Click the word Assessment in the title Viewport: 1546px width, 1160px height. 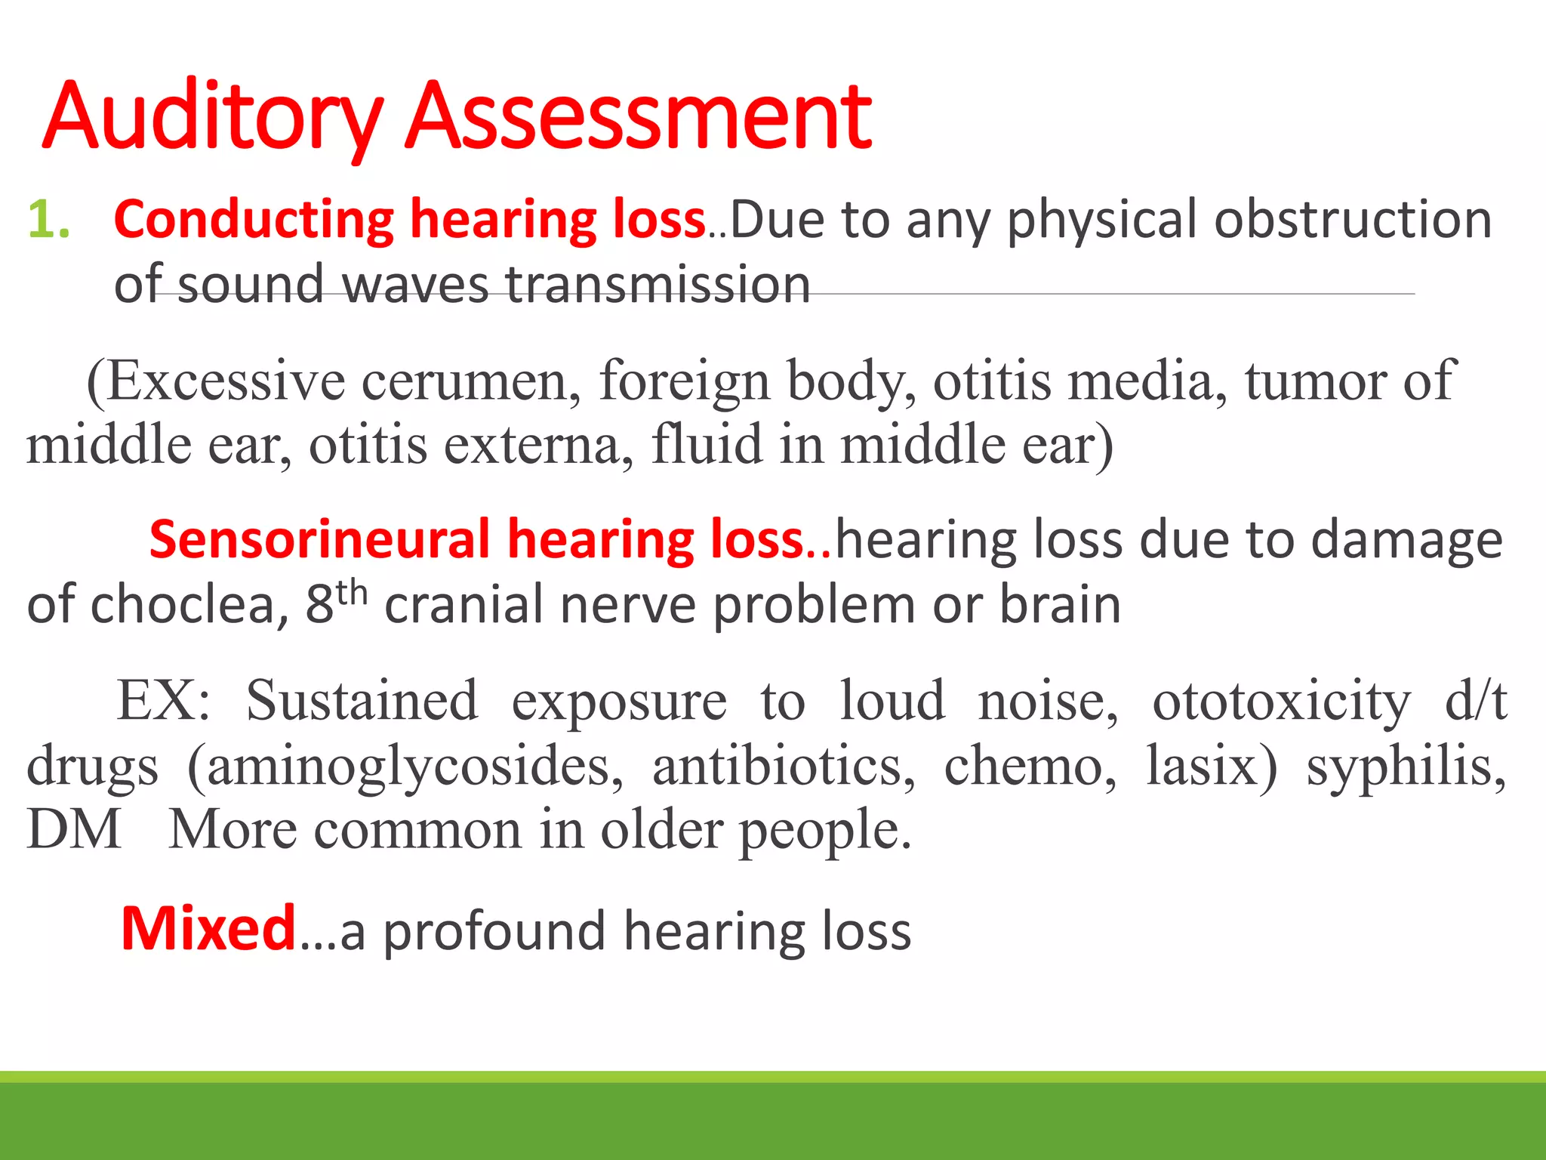639,117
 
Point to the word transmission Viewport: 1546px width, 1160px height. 658,285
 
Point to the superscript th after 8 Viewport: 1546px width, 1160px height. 352,594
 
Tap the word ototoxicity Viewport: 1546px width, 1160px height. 1281,702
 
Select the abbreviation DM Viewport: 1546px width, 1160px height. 74,830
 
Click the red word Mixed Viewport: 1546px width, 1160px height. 208,929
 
